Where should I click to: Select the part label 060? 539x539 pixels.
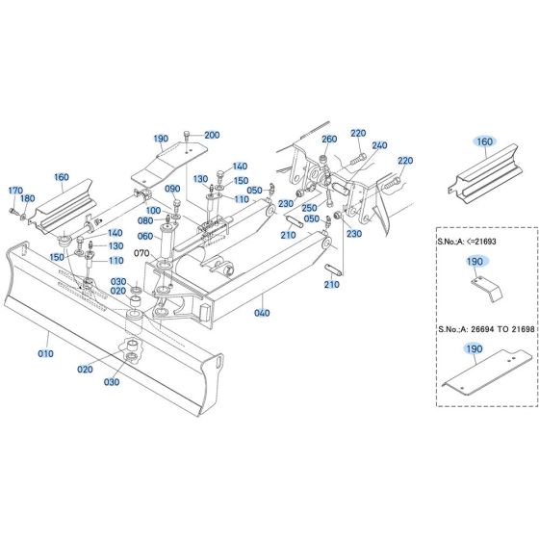point(145,236)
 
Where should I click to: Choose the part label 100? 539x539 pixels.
point(153,210)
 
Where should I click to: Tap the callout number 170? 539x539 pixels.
point(15,191)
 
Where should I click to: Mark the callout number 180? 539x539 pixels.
point(28,199)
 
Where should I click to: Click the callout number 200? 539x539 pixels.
point(212,135)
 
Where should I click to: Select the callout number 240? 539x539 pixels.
point(379,145)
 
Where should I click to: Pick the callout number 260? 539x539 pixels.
point(330,141)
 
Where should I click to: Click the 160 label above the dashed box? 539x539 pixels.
point(484,141)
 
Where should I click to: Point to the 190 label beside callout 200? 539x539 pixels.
point(160,139)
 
